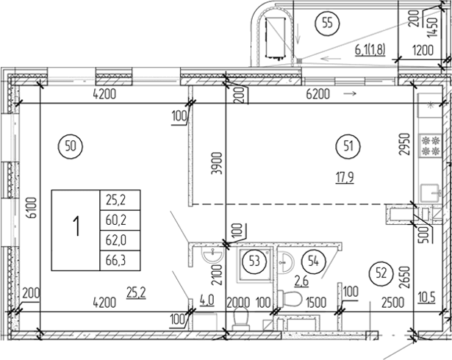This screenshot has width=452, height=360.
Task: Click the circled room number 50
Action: pos(71,145)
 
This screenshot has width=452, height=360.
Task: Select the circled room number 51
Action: pos(348,145)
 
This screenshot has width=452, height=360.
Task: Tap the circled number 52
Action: pos(380,270)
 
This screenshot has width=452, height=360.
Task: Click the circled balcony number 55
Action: pos(329,24)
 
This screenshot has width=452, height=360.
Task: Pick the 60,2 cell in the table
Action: pos(118,219)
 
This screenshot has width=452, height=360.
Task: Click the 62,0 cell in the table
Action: pos(118,239)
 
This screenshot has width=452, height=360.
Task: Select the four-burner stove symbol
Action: pos(428,145)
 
